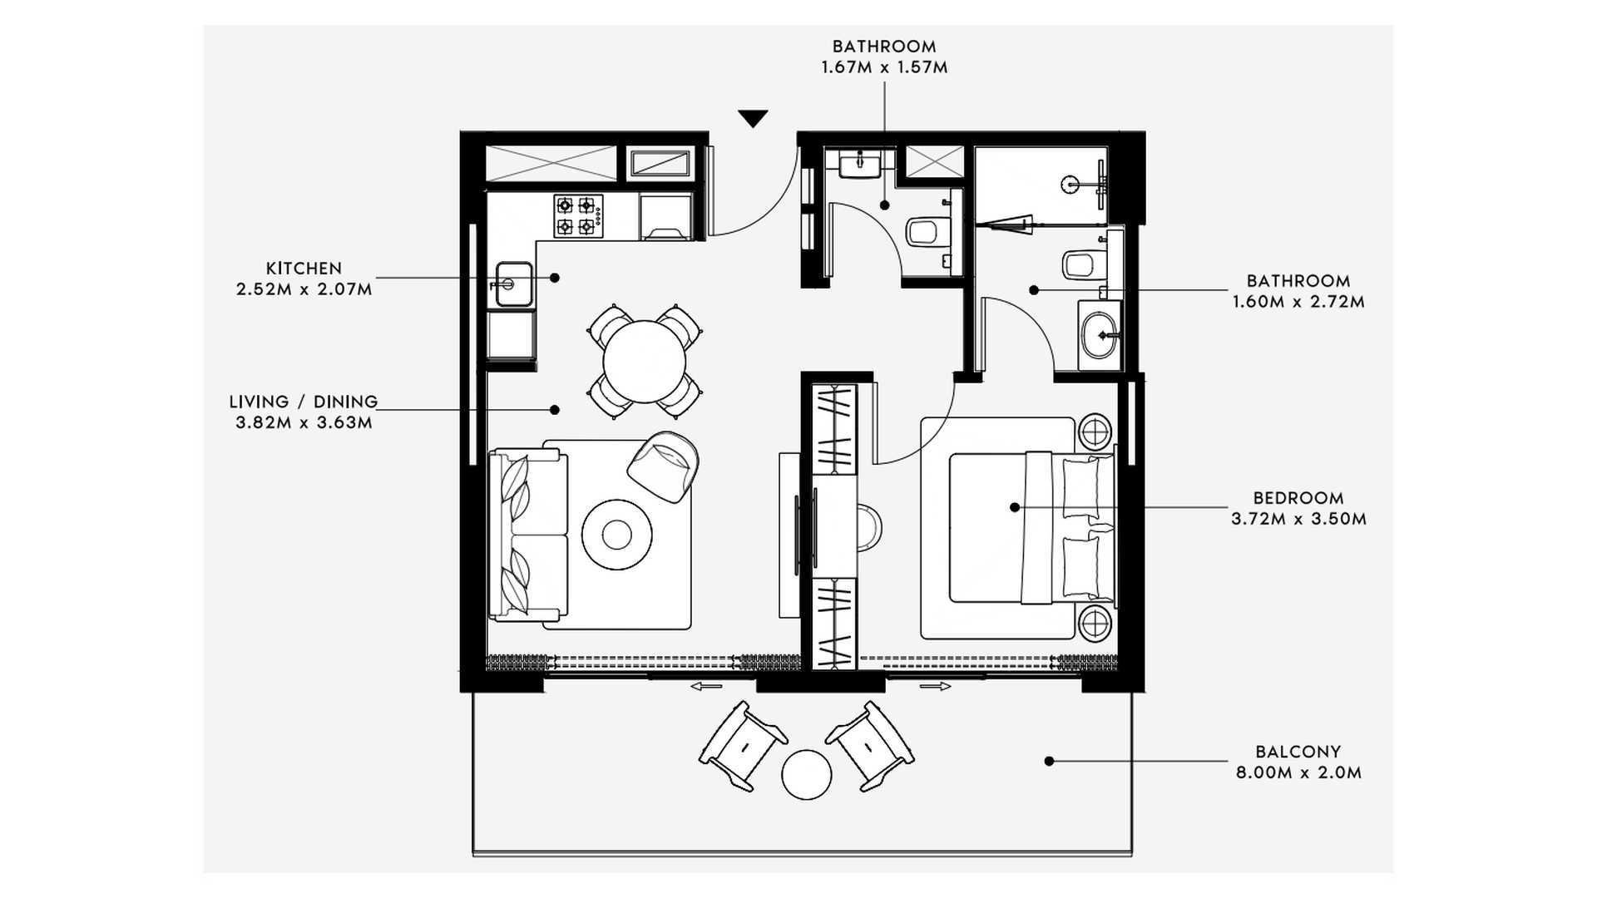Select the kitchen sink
pyautogui.click(x=514, y=284)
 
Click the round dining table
pyautogui.click(x=645, y=362)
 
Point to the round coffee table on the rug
pyautogui.click(x=616, y=534)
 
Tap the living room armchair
pyautogui.click(x=663, y=466)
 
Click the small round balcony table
pyautogui.click(x=806, y=775)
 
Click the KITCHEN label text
pyautogui.click(x=304, y=269)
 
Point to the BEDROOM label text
pyautogui.click(x=1298, y=498)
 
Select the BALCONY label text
pyautogui.click(x=1298, y=752)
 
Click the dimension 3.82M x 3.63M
pyautogui.click(x=304, y=422)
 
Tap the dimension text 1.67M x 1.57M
pyautogui.click(x=884, y=67)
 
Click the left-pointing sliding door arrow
pyautogui.click(x=706, y=687)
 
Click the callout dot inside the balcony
pyautogui.click(x=1049, y=761)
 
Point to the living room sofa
pyautogui.click(x=526, y=535)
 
